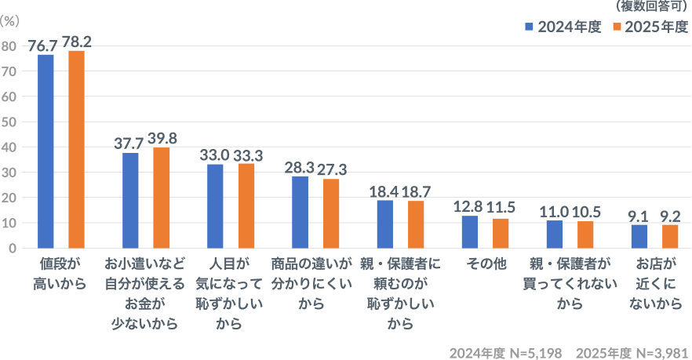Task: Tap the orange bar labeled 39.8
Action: click(x=162, y=198)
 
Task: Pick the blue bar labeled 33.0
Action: click(x=215, y=205)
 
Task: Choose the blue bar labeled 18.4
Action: click(x=384, y=224)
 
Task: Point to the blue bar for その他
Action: click(x=469, y=231)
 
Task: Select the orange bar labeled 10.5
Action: click(x=585, y=235)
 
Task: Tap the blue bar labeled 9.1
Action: click(x=639, y=236)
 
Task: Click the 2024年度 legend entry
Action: click(x=563, y=27)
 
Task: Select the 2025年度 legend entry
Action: click(x=650, y=27)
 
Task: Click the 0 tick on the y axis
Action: click(x=12, y=248)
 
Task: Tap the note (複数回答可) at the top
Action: click(x=653, y=6)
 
